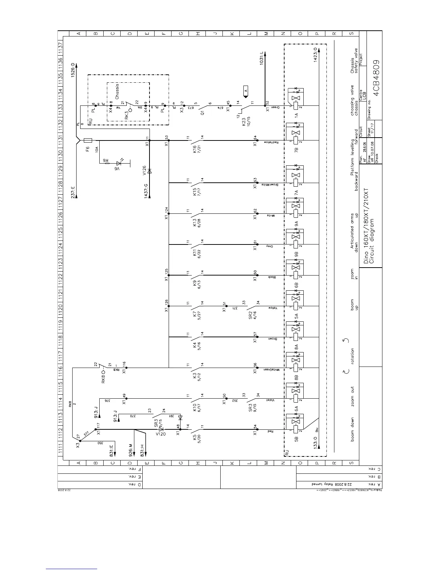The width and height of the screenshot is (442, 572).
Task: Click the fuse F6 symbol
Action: (88, 140)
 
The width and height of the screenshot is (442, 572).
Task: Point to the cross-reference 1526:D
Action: (73, 70)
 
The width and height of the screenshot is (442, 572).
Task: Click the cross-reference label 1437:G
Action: (146, 190)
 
